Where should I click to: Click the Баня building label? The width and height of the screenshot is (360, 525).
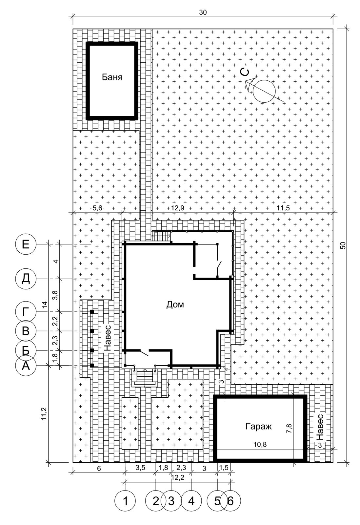tap(112, 77)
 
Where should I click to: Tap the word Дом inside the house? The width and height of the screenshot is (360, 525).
tap(175, 304)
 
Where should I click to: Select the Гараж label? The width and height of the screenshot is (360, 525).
tap(258, 427)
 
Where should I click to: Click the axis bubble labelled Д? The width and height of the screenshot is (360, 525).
tap(26, 279)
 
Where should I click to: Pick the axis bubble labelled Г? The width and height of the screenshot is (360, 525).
tap(26, 312)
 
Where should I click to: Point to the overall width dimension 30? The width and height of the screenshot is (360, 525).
tap(203, 12)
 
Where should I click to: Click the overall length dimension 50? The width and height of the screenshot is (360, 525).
tap(343, 245)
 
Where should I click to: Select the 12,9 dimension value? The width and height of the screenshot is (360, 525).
tap(177, 208)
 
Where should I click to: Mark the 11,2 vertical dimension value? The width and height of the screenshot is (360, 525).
tap(44, 414)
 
